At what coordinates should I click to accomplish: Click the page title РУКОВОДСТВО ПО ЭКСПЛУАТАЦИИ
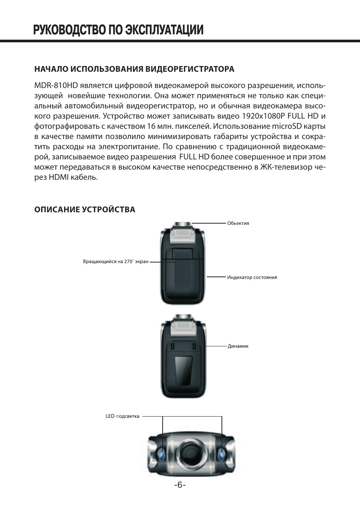118,30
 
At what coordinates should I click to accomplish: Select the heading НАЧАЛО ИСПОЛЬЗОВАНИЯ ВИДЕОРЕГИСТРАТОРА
134,69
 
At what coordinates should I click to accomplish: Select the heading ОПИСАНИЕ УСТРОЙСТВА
85,209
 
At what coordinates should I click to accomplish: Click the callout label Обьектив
238,223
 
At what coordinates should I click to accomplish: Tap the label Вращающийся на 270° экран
115,261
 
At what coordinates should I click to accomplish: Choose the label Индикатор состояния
252,277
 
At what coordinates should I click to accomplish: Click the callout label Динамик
238,346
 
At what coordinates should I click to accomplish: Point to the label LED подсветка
122,416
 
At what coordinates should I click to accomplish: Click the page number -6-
180,485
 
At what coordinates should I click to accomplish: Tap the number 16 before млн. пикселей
151,126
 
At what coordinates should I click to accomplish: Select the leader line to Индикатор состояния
216,277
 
